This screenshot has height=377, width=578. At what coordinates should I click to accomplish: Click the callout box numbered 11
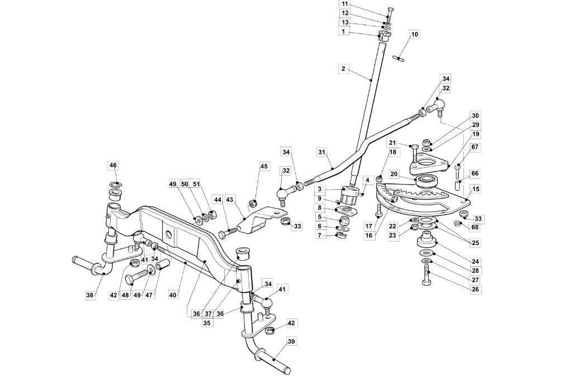click(344, 4)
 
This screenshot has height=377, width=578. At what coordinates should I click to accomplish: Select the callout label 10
click(415, 34)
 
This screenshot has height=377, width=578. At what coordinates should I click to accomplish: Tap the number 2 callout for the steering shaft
click(344, 69)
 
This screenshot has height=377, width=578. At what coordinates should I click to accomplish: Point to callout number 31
click(322, 152)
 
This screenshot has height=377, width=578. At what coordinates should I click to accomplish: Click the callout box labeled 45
click(264, 166)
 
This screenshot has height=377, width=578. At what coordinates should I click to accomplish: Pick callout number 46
click(113, 165)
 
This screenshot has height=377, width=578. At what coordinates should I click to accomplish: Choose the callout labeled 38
click(90, 295)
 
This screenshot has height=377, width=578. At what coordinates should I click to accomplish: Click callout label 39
click(291, 342)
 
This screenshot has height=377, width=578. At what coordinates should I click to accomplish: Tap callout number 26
click(476, 289)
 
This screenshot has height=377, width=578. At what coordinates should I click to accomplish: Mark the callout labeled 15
click(476, 189)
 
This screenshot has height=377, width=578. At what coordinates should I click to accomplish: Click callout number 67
click(475, 147)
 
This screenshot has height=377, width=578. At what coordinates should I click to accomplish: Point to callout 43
click(230, 200)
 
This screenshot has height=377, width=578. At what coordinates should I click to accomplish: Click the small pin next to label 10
click(399, 58)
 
